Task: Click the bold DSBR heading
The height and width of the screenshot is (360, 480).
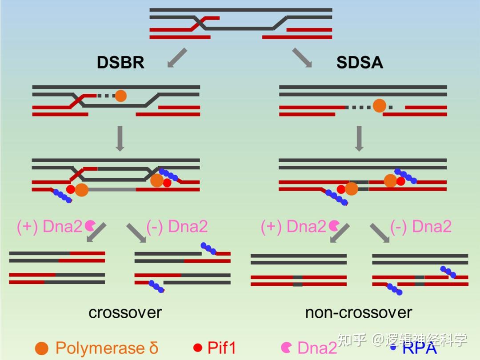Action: pos(120,63)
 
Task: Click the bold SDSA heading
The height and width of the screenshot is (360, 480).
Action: pos(360,63)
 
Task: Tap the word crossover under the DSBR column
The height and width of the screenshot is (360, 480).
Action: pos(125,312)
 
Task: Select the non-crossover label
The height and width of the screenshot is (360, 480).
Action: pos(358,312)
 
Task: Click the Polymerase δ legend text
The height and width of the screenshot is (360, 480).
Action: pos(107,348)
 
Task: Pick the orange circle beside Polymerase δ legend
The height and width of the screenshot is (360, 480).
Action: pos(42,348)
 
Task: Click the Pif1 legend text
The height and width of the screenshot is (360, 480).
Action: pos(221,348)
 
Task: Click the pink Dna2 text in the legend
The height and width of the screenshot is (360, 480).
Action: pos(317,348)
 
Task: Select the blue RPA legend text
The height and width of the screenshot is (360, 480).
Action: pos(420,348)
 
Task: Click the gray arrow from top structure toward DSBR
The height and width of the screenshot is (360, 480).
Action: pos(177,58)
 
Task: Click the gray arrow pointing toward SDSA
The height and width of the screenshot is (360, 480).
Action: pos(302,58)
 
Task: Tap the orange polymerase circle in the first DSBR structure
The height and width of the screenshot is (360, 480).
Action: pos(120,96)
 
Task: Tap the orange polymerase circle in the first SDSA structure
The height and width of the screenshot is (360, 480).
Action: pos(379,106)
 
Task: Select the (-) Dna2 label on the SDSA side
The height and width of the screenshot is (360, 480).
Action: pos(420,227)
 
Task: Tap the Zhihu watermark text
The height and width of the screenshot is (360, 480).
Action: pos(402,340)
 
